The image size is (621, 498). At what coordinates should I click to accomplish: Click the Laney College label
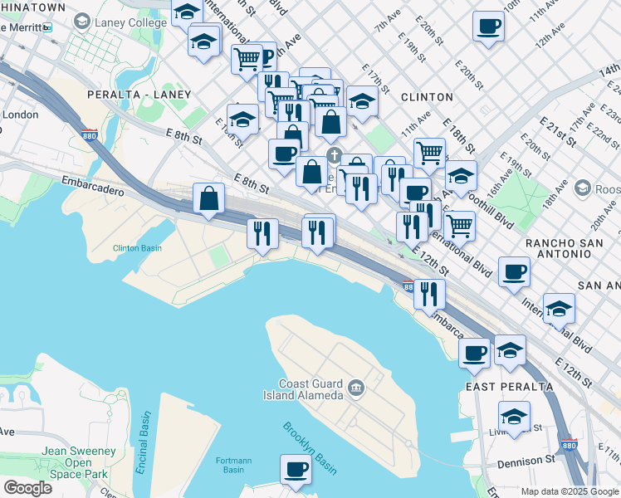pos(130,22)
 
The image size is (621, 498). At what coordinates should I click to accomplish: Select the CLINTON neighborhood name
pos(427,97)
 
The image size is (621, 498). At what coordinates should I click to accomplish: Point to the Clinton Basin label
pos(137,248)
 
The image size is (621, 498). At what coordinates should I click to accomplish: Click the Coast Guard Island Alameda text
pos(303,388)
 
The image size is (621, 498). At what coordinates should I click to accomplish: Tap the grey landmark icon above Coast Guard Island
pos(356,387)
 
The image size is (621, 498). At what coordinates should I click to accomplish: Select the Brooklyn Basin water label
pos(309,448)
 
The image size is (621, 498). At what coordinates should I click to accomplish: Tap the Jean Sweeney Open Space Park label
pos(78,462)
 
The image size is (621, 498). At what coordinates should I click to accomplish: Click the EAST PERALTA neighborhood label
pos(499,388)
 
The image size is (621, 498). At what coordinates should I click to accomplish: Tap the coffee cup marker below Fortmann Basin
pos(296,471)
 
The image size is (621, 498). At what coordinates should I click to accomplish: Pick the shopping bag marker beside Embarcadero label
pos(208,199)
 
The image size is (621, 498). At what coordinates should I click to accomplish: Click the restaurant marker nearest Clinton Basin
pos(262,234)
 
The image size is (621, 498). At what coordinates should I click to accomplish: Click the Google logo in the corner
pos(27,487)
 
